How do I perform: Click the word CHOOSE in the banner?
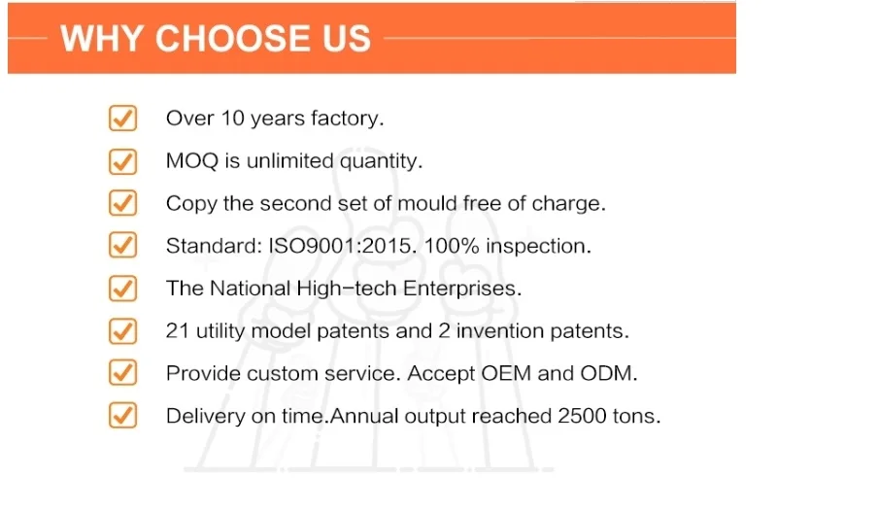pyautogui.click(x=232, y=39)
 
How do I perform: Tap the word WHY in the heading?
pyautogui.click(x=101, y=39)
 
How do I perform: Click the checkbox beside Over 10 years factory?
pyautogui.click(x=122, y=118)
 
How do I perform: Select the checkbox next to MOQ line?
pyautogui.click(x=122, y=161)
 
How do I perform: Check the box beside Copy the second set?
pyautogui.click(x=122, y=203)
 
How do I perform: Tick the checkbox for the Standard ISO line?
pyautogui.click(x=122, y=245)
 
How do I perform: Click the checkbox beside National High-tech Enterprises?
pyautogui.click(x=122, y=289)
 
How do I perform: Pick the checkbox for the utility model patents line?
pyautogui.click(x=122, y=331)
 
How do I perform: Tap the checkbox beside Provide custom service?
pyautogui.click(x=122, y=372)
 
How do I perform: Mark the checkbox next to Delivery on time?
pyautogui.click(x=122, y=415)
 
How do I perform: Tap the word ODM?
pyautogui.click(x=609, y=373)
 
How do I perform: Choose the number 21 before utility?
pyautogui.click(x=178, y=331)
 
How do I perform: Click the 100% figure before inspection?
pyautogui.click(x=452, y=246)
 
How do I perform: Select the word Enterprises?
pyautogui.click(x=462, y=289)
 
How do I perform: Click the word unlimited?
pyautogui.click(x=290, y=161)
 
